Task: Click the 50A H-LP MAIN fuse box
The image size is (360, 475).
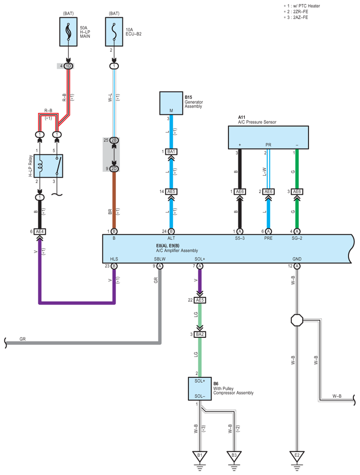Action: tap(68, 31)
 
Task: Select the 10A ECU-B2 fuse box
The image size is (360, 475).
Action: tap(114, 31)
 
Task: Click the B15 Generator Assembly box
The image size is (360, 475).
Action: tap(171, 103)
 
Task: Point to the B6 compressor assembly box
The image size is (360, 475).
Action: tap(200, 388)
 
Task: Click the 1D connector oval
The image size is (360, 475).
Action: tap(68, 66)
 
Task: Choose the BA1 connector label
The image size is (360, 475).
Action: tap(171, 152)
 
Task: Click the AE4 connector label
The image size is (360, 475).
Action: tap(40, 231)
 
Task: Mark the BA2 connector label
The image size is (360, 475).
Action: tap(200, 334)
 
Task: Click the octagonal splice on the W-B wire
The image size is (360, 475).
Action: tap(297, 320)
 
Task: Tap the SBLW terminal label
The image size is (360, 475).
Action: tap(160, 259)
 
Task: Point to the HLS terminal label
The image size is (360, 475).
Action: tap(114, 259)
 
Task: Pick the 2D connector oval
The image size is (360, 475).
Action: tap(114, 168)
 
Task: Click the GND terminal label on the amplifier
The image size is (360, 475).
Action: tap(297, 259)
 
